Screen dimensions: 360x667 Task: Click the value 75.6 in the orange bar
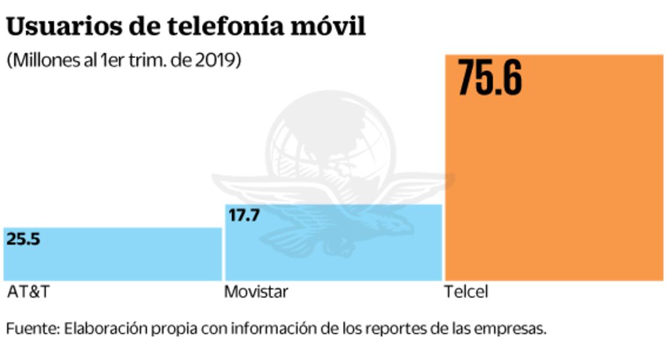coord(489,78)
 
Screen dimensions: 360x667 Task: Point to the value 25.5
coord(23,239)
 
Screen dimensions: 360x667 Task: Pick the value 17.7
coord(243,215)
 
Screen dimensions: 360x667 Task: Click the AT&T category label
coord(28,291)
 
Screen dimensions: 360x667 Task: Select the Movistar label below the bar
coord(255,291)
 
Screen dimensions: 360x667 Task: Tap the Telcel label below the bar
coord(466,291)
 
